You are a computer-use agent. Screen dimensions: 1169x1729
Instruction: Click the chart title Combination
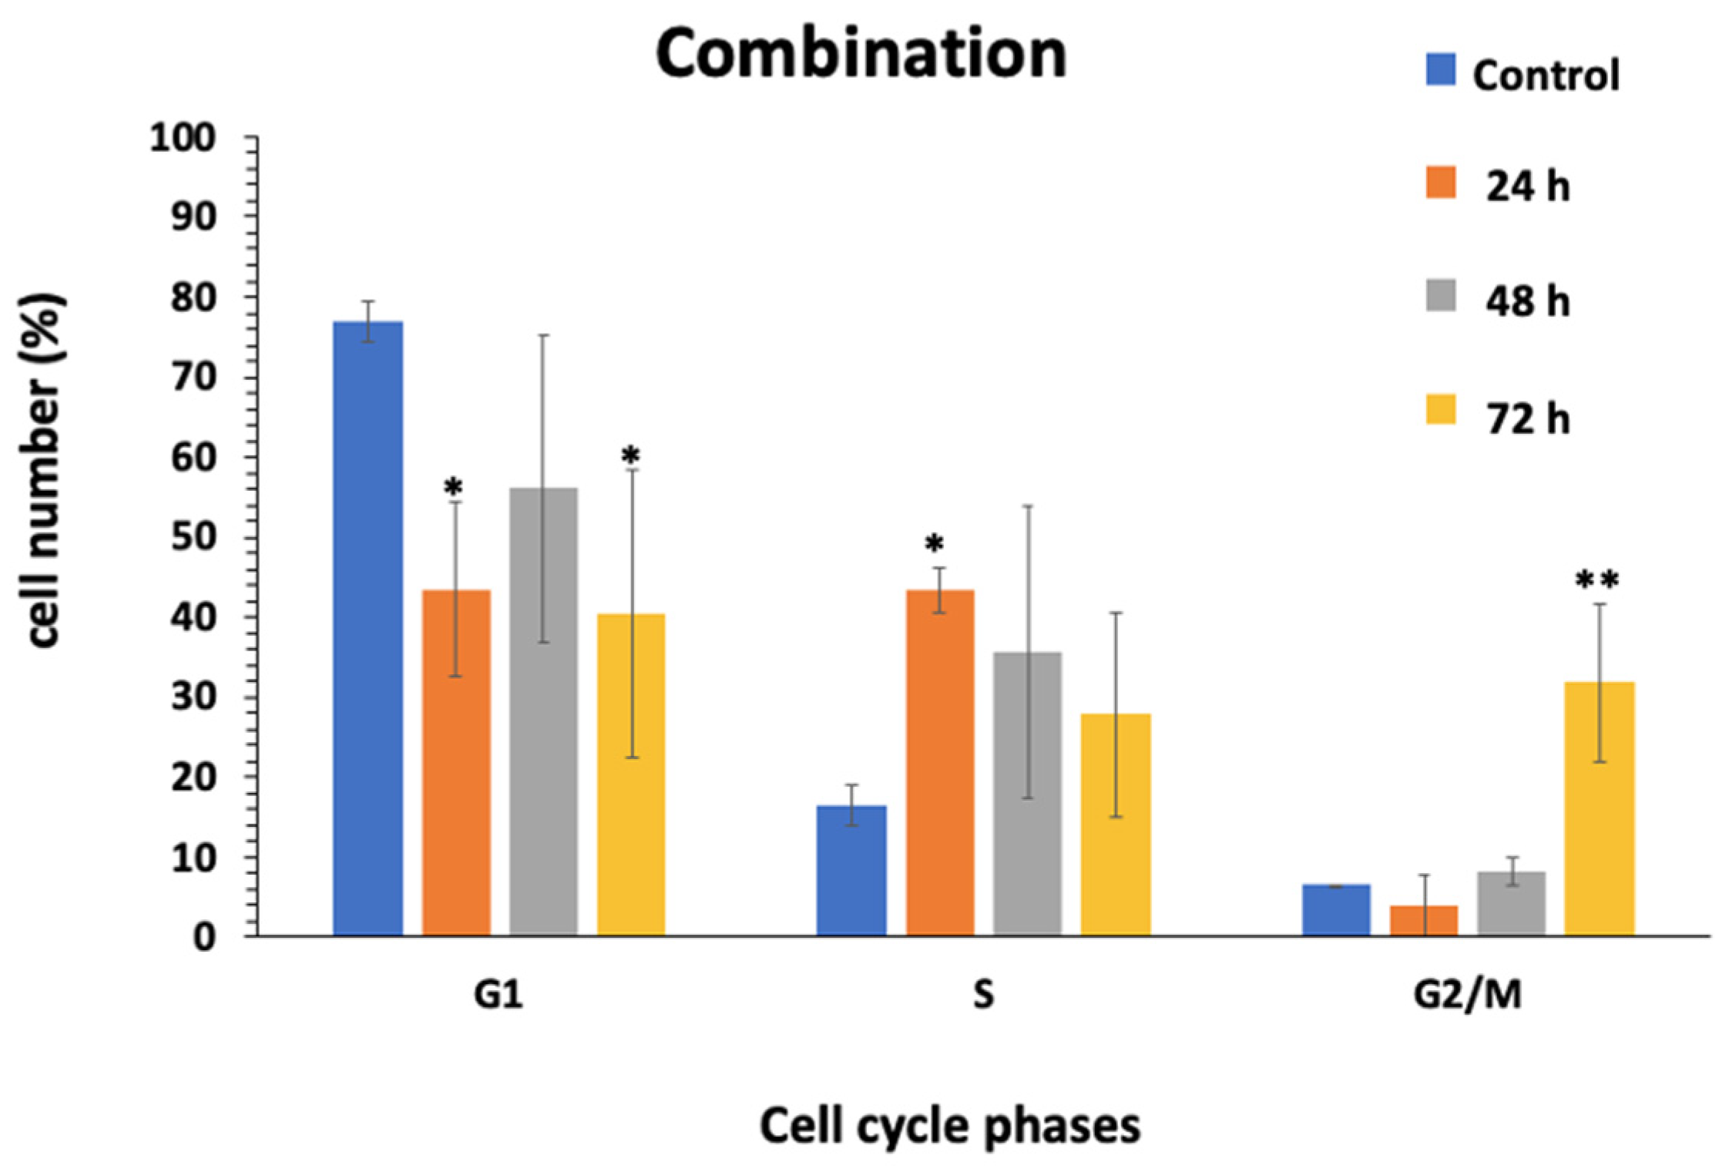coord(861,54)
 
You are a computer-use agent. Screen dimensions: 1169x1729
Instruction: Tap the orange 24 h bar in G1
coord(456,763)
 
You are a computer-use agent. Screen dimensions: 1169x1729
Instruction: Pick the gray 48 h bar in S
coord(1027,794)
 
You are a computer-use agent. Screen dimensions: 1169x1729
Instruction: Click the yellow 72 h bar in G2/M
coord(1599,809)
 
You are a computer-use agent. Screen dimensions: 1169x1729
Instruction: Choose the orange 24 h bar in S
coord(939,763)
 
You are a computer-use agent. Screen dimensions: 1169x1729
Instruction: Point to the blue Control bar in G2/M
coord(1336,910)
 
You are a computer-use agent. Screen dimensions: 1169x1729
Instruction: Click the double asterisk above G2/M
coord(1596,580)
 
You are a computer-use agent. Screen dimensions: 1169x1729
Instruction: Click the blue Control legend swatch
coord(1440,69)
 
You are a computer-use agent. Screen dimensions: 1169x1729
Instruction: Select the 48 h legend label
coord(1527,301)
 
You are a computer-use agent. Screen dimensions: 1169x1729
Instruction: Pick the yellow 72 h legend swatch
coord(1440,410)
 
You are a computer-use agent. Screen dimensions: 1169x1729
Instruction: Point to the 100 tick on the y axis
coord(183,139)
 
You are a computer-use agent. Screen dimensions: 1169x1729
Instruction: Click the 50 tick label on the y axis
coord(193,537)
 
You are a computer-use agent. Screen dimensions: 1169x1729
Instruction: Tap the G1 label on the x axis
coord(498,994)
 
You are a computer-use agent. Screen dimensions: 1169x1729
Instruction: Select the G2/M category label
coord(1467,994)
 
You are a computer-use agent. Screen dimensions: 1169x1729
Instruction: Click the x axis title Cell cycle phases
coord(949,1127)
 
